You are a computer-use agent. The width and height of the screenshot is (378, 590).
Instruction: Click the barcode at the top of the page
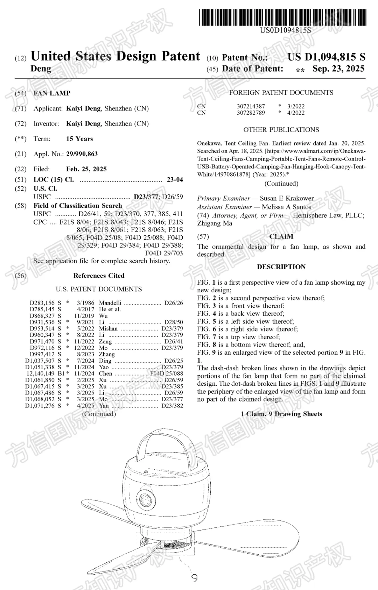point(283,17)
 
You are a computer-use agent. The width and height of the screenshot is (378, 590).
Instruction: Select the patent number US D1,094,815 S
point(326,57)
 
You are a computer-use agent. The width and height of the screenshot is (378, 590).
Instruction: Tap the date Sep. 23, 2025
point(338,69)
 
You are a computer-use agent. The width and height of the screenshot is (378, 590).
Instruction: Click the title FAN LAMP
point(52,93)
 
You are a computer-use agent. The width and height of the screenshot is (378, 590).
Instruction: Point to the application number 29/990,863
point(82,154)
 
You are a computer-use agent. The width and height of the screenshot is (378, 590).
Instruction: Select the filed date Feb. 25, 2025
point(86,169)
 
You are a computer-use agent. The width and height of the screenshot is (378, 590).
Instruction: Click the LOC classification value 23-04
point(175,180)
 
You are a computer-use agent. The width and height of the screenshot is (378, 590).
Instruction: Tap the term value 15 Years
point(79,139)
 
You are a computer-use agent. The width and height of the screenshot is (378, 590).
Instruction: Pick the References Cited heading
point(99,276)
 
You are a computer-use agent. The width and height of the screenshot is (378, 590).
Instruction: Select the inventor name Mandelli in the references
point(110,303)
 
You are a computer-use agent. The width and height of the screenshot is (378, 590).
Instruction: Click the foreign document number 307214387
point(251,106)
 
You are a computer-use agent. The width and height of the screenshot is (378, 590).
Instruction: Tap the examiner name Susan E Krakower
point(287,198)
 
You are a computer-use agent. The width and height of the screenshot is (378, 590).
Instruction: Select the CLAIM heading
point(281,237)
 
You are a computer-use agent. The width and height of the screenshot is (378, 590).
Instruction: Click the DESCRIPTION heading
point(281,267)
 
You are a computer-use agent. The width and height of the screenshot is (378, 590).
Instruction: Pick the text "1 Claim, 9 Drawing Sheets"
point(281,414)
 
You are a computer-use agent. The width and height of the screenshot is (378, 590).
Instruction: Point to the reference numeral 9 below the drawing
point(195,578)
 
